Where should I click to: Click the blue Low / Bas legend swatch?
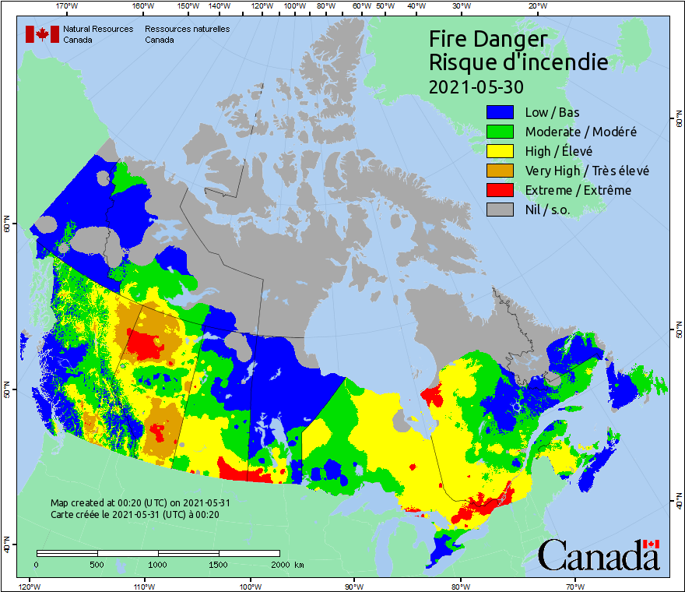[x=501, y=112]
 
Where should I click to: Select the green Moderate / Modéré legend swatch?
[x=501, y=132]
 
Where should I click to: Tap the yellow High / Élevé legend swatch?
[x=501, y=151]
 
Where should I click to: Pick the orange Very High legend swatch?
[x=501, y=171]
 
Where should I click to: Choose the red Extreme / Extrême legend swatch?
[x=501, y=190]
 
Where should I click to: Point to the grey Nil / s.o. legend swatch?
[x=501, y=210]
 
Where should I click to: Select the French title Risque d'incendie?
[x=518, y=62]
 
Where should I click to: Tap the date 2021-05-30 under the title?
[x=476, y=86]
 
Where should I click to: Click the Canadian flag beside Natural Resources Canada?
[x=42, y=34]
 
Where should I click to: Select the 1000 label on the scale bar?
[x=158, y=564]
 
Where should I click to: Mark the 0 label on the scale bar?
[x=37, y=564]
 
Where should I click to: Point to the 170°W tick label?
[x=68, y=6]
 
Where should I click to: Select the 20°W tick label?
[x=535, y=6]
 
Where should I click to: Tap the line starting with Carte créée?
[x=134, y=514]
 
